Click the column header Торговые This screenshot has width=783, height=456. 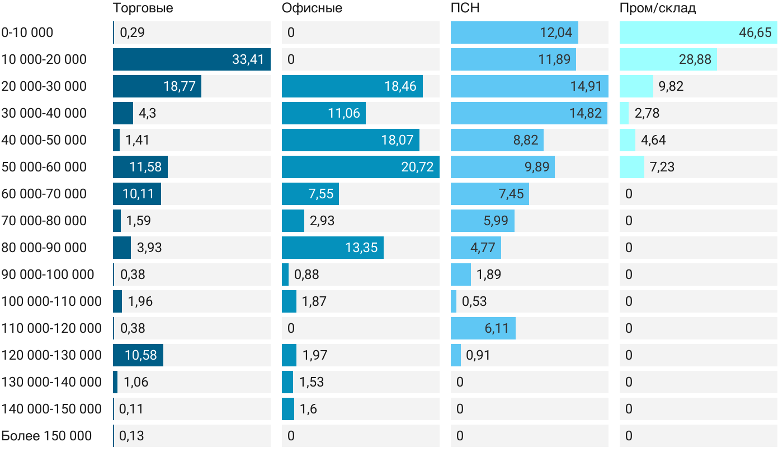[143, 8]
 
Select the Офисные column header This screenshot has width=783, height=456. [312, 8]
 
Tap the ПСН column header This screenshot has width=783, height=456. [465, 8]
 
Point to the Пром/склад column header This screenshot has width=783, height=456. [658, 8]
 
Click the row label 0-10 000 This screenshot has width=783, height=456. [27, 32]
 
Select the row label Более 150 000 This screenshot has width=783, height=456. [46, 436]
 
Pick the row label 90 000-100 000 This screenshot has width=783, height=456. [48, 274]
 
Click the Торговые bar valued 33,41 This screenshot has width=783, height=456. [191, 59]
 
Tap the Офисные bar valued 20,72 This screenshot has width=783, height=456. [360, 167]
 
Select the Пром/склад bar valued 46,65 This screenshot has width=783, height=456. [698, 32]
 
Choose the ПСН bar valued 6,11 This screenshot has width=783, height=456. [483, 328]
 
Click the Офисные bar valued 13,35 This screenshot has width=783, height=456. [332, 248]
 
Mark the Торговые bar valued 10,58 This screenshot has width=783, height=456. [138, 355]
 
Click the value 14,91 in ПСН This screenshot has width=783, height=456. [586, 86]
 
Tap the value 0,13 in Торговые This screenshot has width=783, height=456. [132, 436]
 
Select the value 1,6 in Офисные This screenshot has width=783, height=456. [308, 409]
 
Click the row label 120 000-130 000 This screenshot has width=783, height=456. [51, 355]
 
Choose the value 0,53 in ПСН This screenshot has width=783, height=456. [474, 301]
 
